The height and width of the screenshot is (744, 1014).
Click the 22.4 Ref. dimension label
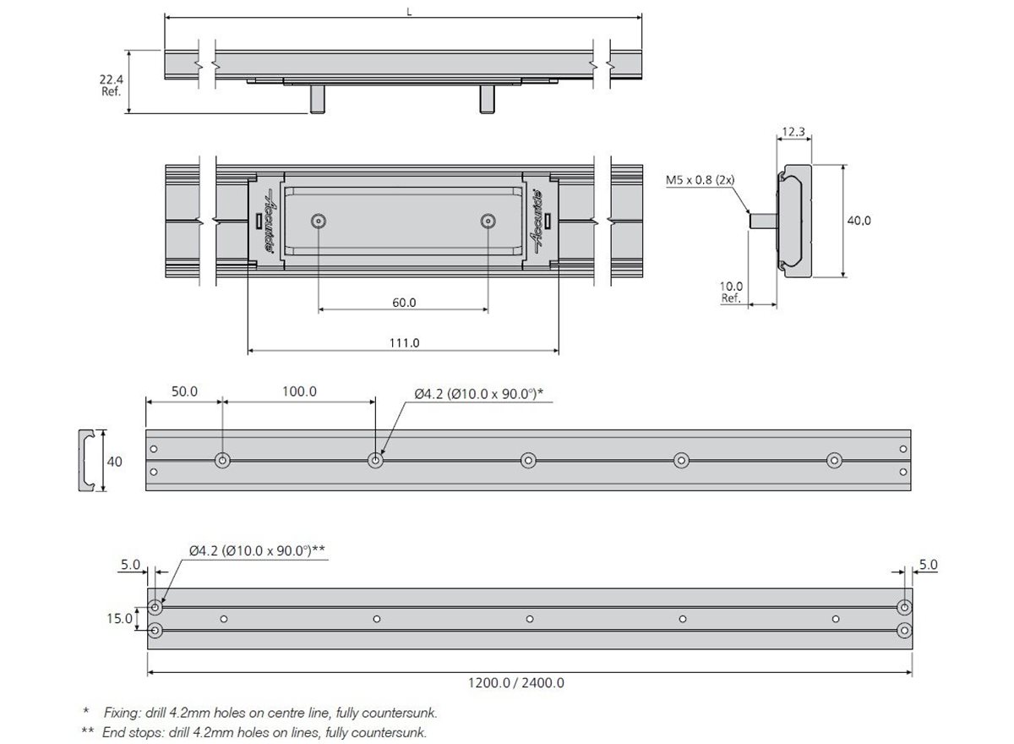point(112,85)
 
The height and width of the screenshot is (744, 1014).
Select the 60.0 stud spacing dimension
point(404,302)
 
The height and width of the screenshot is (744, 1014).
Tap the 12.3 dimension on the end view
point(793,132)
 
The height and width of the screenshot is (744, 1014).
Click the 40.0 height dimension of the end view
point(859,220)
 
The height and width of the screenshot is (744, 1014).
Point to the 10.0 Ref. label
point(732,293)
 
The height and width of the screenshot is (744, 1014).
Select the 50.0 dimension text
point(184,391)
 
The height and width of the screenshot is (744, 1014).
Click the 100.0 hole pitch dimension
point(299,391)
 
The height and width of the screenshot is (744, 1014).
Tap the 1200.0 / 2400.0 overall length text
point(530,683)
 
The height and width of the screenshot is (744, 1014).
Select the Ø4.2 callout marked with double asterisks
point(257,550)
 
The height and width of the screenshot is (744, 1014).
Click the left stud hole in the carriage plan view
point(318,221)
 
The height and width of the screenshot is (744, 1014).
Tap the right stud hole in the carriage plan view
point(487,221)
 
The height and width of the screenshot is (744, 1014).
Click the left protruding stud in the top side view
point(317,98)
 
